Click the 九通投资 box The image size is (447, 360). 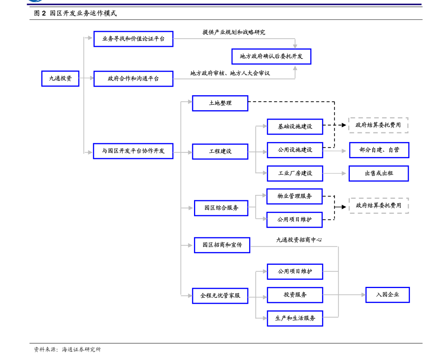pyautogui.click(x=60, y=79)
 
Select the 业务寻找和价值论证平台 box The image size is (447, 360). pyautogui.click(x=133, y=39)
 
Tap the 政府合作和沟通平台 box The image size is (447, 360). pyautogui.click(x=133, y=79)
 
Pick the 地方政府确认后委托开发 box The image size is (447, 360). pyautogui.click(x=271, y=57)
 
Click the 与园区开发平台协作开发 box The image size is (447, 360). pyautogui.click(x=133, y=151)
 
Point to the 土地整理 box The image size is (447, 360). pyautogui.click(x=220, y=103)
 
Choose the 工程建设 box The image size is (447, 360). pyautogui.click(x=220, y=151)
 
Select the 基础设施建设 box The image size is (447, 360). pyautogui.click(x=295, y=127)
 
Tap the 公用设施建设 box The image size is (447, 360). pyautogui.click(x=295, y=150)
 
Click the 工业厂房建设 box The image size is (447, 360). pyautogui.click(x=295, y=174)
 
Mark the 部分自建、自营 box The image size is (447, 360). pyautogui.click(x=379, y=150)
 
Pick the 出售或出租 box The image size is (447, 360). pyautogui.click(x=378, y=174)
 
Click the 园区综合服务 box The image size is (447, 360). pyautogui.click(x=221, y=208)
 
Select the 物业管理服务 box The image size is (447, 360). pyautogui.click(x=294, y=196)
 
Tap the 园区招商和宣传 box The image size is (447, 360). pyautogui.click(x=222, y=245)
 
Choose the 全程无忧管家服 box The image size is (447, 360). pyautogui.click(x=220, y=296)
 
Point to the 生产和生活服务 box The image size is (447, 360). pyautogui.click(x=295, y=318)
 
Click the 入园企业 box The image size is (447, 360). pyautogui.click(x=387, y=295)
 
